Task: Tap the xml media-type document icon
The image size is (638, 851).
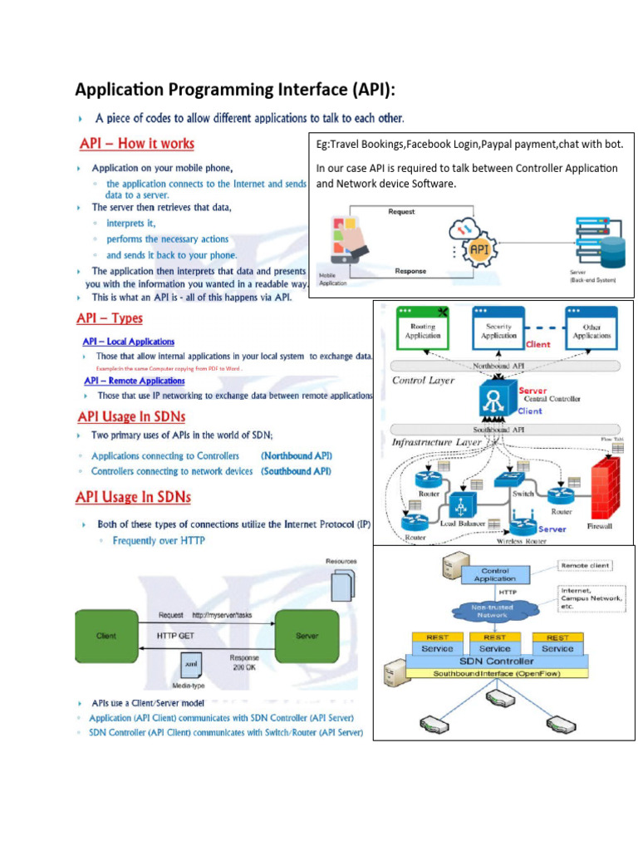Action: pyautogui.click(x=191, y=666)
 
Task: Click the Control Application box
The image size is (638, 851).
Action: pyautogui.click(x=495, y=573)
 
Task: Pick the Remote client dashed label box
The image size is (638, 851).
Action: pyautogui.click(x=586, y=565)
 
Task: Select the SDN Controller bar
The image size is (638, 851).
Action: pyautogui.click(x=495, y=662)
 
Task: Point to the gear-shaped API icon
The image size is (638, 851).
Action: pyautogui.click(x=479, y=248)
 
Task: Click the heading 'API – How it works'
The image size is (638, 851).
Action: pyautogui.click(x=137, y=144)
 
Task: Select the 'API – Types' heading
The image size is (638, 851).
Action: pyautogui.click(x=110, y=318)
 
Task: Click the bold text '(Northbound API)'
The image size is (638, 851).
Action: pyautogui.click(x=297, y=455)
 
